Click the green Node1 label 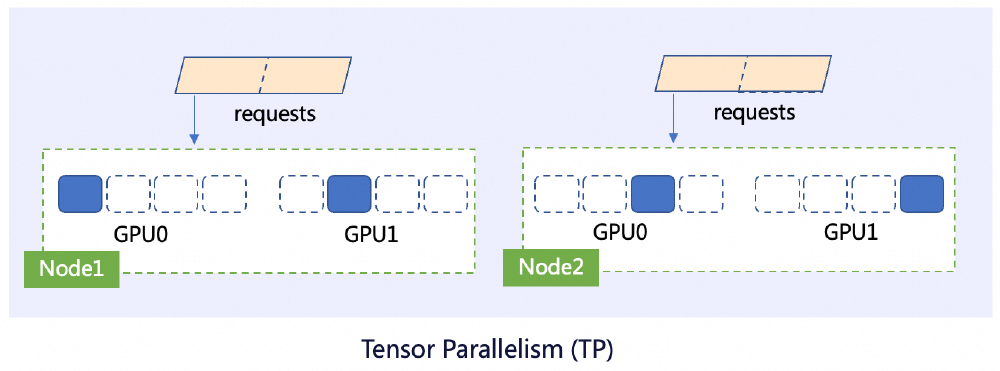pyautogui.click(x=71, y=269)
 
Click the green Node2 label pyautogui.click(x=550, y=267)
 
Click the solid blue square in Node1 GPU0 pyautogui.click(x=80, y=194)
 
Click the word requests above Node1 pyautogui.click(x=274, y=112)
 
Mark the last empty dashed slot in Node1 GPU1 pyautogui.click(x=446, y=194)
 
